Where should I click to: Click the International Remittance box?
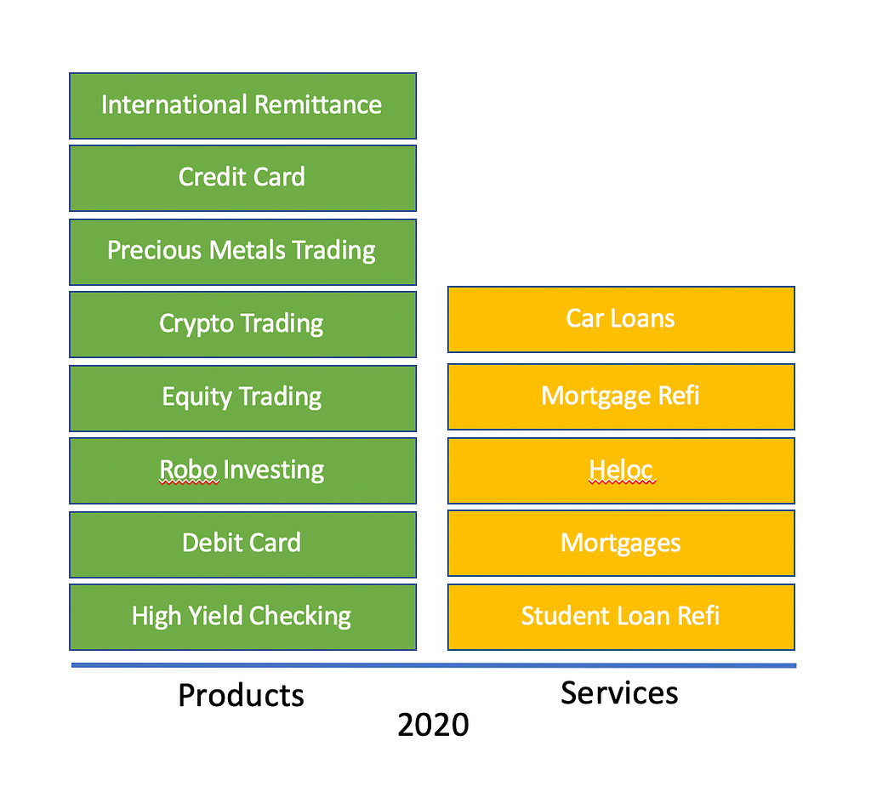point(242,105)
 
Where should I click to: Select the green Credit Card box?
point(242,179)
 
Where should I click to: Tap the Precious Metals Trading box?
point(242,252)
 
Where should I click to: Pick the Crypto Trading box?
point(242,324)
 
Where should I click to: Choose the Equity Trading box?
point(242,398)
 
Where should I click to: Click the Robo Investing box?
point(242,470)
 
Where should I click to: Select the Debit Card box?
point(242,544)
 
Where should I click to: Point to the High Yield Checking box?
point(242,617)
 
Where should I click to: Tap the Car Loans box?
point(621,319)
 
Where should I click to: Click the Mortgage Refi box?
point(621,396)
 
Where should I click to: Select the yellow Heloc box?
point(621,470)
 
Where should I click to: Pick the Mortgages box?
point(621,544)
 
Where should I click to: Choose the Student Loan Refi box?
point(621,617)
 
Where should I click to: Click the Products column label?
point(241,695)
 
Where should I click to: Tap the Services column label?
point(619,693)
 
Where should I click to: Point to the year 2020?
point(433,725)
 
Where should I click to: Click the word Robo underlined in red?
point(188,470)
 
